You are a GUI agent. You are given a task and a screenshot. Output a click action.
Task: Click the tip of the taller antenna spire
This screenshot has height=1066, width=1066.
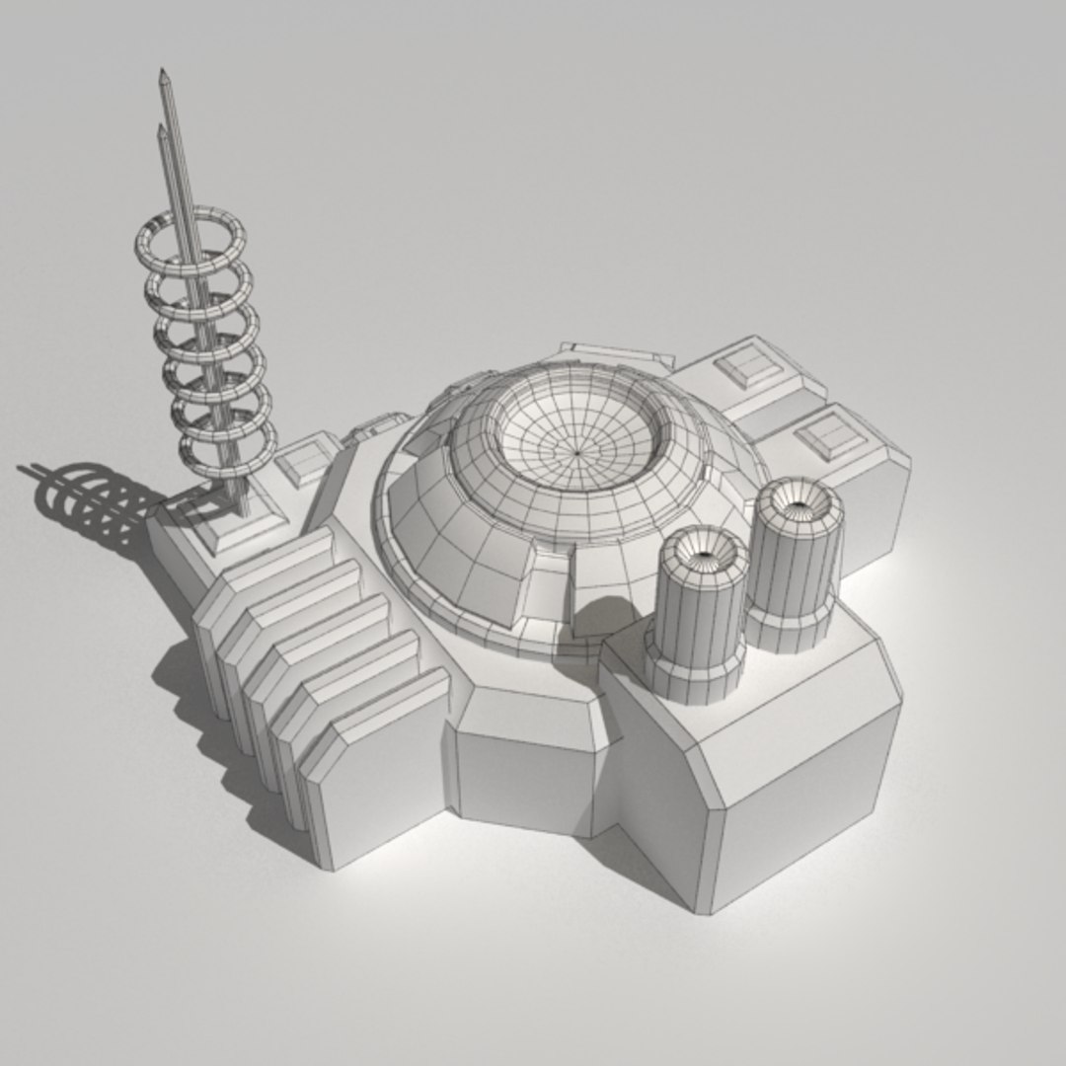click(162, 73)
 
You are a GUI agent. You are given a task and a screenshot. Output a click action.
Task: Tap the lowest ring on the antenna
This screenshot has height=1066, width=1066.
click(227, 455)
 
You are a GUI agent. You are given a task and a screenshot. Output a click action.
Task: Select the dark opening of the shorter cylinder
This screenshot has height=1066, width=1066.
click(708, 556)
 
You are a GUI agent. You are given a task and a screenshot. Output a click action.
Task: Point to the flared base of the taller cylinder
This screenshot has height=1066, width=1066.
click(790, 628)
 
